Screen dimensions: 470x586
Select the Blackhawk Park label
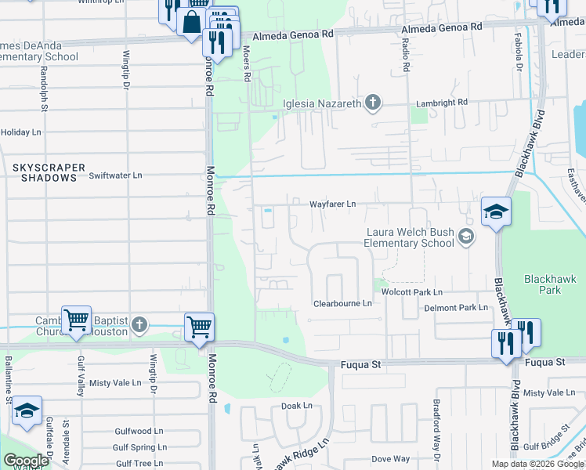point(543,284)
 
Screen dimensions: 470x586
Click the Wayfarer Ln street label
point(332,204)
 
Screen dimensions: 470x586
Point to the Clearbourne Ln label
point(342,303)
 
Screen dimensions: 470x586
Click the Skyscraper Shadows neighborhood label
point(44,172)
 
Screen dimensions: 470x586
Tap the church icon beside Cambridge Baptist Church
point(139,324)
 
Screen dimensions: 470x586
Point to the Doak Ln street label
point(297,406)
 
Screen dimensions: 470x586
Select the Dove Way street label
point(391,459)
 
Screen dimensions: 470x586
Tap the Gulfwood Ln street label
point(139,431)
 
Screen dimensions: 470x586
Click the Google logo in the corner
point(26,461)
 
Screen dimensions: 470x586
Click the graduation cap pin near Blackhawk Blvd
point(496,211)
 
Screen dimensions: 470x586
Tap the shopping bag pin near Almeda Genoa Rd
point(192,22)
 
